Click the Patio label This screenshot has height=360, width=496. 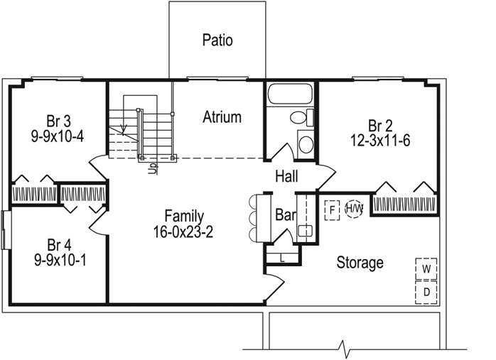217,40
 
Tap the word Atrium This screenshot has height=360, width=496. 222,117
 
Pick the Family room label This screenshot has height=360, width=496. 183,216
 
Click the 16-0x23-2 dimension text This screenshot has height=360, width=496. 183,231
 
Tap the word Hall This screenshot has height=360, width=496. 286,176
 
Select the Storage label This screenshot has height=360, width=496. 360,263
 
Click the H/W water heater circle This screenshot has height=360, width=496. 354,209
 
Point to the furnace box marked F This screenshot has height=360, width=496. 332,210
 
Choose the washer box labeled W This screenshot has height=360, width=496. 426,268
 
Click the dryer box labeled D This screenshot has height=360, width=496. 426,291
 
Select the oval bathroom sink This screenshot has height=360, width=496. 306,144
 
